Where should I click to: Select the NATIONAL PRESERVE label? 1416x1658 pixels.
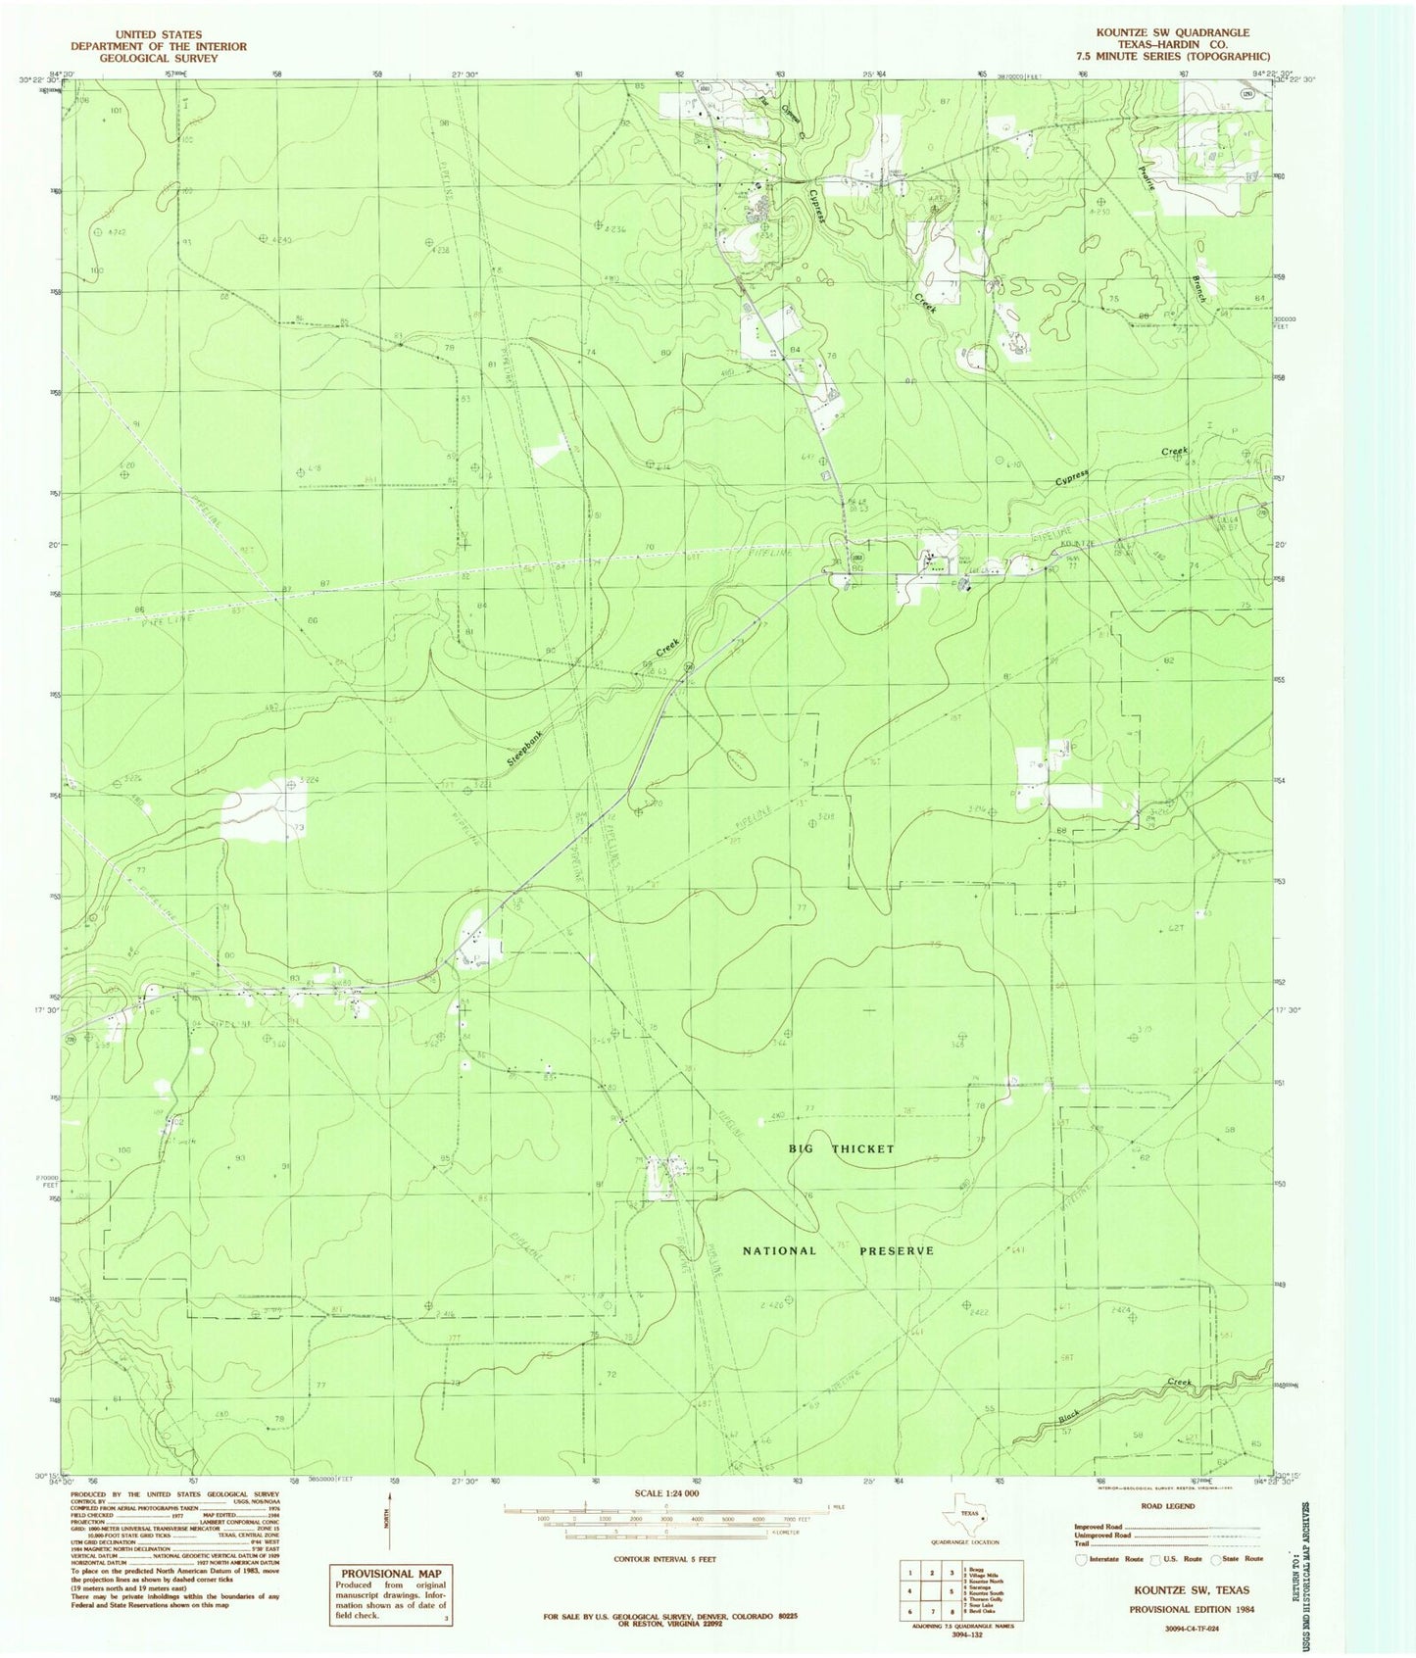838,1251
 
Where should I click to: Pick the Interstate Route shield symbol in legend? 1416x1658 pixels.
1082,1558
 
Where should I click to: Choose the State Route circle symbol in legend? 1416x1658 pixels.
1217,1558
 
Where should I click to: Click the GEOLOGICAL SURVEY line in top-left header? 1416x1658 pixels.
158,59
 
